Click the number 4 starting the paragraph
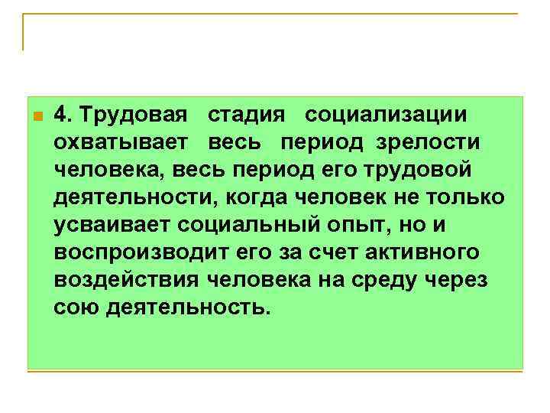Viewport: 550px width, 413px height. pos(61,115)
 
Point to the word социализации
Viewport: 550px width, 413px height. pos(387,115)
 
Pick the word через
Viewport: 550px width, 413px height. pos(461,280)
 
